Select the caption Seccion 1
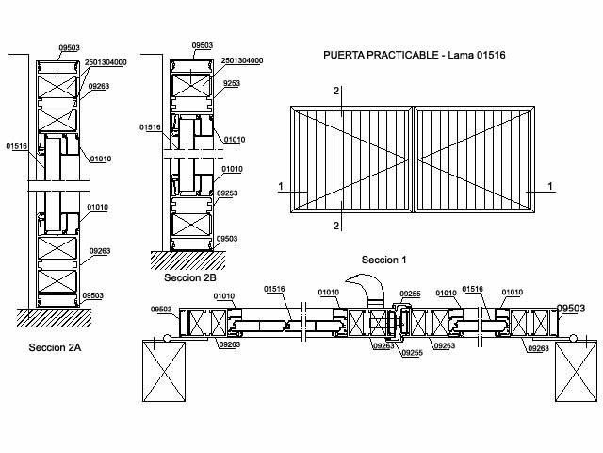(x=383, y=260)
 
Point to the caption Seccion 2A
(x=55, y=348)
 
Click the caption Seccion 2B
(x=189, y=278)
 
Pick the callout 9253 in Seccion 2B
(x=232, y=84)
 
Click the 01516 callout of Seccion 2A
(x=16, y=146)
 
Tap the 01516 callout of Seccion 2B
(x=150, y=126)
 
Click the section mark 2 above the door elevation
(x=335, y=91)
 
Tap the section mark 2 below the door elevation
(x=335, y=226)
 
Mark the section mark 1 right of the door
(x=550, y=186)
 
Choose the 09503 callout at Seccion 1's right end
(x=571, y=308)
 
